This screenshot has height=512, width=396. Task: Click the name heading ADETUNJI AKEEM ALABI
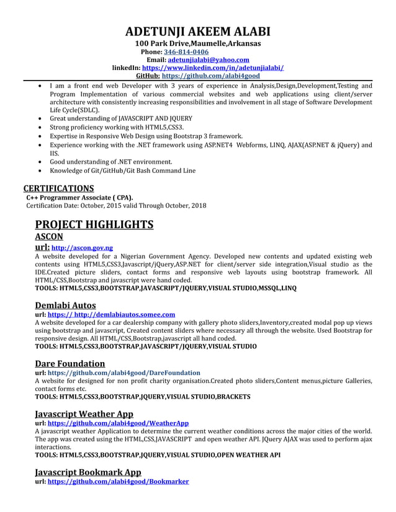(198, 32)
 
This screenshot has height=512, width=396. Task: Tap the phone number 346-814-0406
(186, 52)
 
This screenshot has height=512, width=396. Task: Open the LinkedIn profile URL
(213, 68)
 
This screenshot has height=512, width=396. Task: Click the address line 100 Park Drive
(198, 44)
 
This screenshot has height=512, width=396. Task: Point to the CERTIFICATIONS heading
(58, 188)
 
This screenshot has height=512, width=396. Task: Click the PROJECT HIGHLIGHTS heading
(94, 224)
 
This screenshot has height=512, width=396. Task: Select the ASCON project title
(49, 236)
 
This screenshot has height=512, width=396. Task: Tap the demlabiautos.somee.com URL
(111, 315)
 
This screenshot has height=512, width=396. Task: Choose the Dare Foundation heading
(70, 363)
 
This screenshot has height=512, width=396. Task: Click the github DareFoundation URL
(124, 373)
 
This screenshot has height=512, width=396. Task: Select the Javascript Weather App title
(84, 413)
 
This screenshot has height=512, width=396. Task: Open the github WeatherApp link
(118, 423)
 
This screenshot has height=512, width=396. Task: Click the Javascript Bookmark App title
(88, 472)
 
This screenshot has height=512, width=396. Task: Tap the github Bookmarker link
(118, 482)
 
